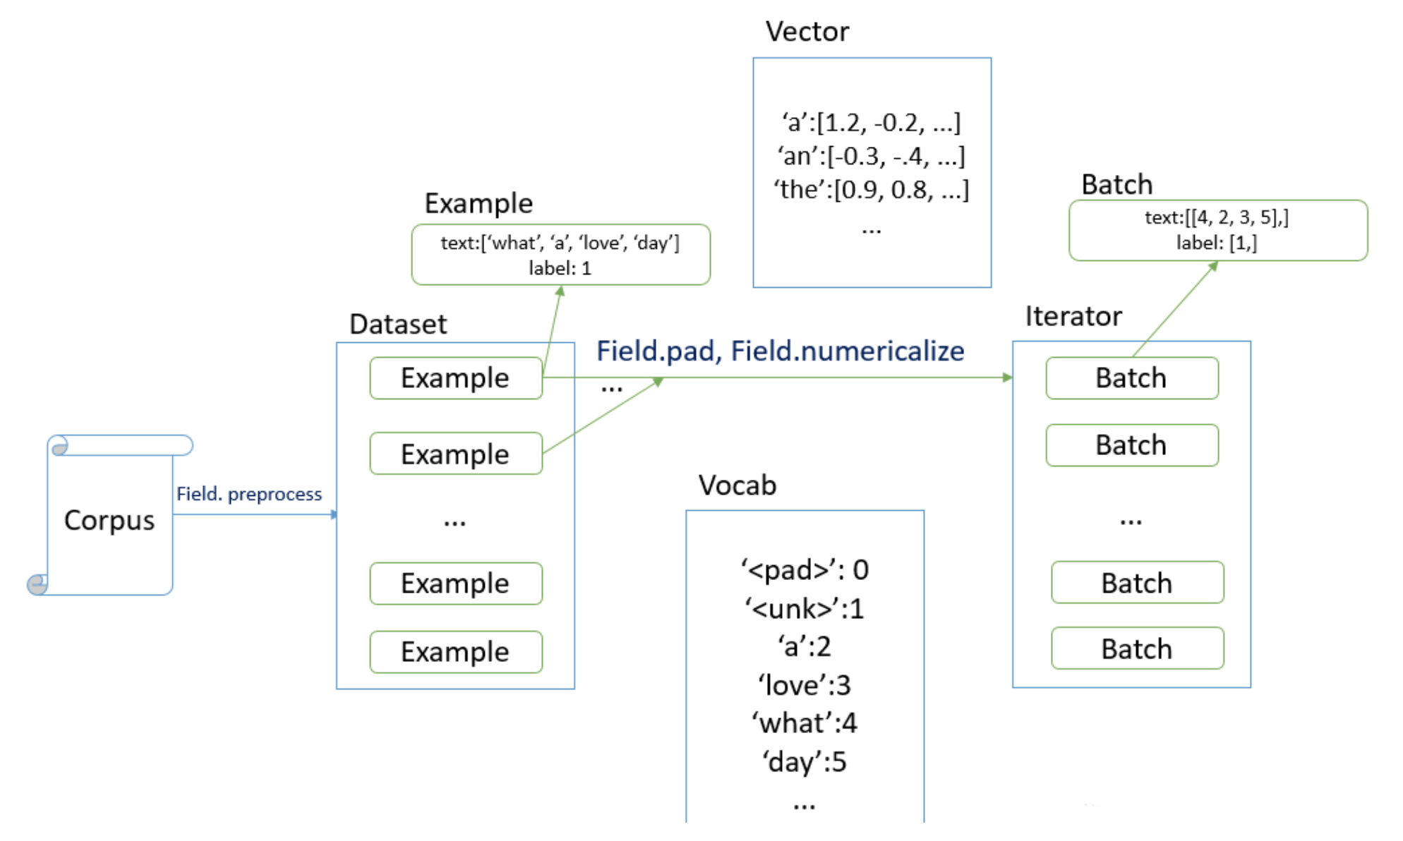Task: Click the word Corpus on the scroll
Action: pyautogui.click(x=109, y=521)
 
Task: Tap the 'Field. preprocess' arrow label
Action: pyautogui.click(x=249, y=494)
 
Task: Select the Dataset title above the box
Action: pyautogui.click(x=398, y=325)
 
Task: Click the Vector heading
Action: pyautogui.click(x=807, y=32)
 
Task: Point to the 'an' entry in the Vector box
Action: pyautogui.click(x=871, y=156)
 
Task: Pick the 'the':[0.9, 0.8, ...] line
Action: pyautogui.click(x=871, y=190)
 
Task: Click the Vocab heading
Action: pyautogui.click(x=737, y=485)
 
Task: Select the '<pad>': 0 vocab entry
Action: pyautogui.click(x=805, y=570)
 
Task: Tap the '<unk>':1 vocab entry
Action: pyautogui.click(x=805, y=609)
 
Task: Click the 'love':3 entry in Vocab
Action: pyautogui.click(x=805, y=685)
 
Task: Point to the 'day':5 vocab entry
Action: pyautogui.click(x=805, y=762)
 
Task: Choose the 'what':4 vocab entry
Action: pyautogui.click(x=805, y=723)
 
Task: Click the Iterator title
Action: pyautogui.click(x=1073, y=316)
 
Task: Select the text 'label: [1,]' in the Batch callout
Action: pyautogui.click(x=1217, y=243)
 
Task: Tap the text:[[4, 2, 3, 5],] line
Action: pyautogui.click(x=1217, y=217)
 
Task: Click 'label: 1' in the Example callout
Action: pyautogui.click(x=560, y=269)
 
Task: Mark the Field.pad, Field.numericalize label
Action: pyautogui.click(x=781, y=351)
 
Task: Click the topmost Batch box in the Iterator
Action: pyautogui.click(x=1131, y=378)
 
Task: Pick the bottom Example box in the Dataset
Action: pyautogui.click(x=455, y=652)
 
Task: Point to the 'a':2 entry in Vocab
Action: pyautogui.click(x=805, y=646)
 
